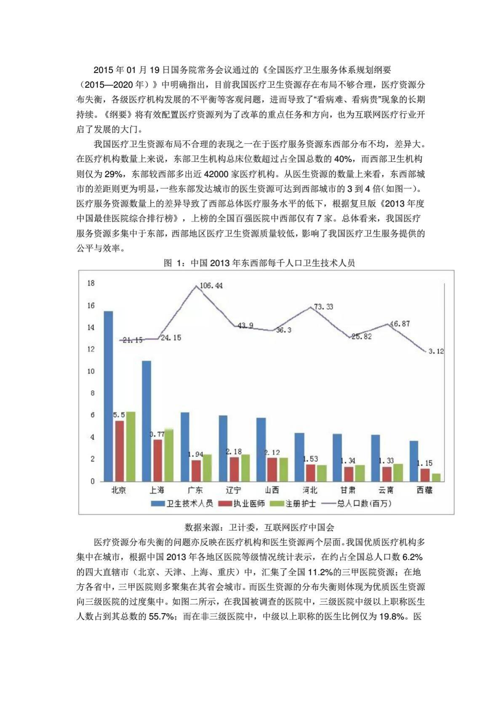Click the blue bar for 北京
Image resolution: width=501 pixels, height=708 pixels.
tap(108, 396)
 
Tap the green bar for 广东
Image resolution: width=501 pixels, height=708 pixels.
tap(207, 468)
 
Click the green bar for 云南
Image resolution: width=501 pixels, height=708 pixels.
tap(398, 472)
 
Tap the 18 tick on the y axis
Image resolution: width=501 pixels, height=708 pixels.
tap(91, 283)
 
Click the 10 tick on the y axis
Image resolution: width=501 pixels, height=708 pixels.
tap(91, 371)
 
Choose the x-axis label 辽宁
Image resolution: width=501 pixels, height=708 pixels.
tap(233, 490)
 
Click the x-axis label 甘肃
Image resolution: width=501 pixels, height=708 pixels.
tap(348, 490)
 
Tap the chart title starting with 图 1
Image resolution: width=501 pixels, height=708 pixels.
tap(259, 263)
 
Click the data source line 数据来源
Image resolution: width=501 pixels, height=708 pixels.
tap(259, 527)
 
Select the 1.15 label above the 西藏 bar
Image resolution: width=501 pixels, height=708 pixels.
tap(424, 463)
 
